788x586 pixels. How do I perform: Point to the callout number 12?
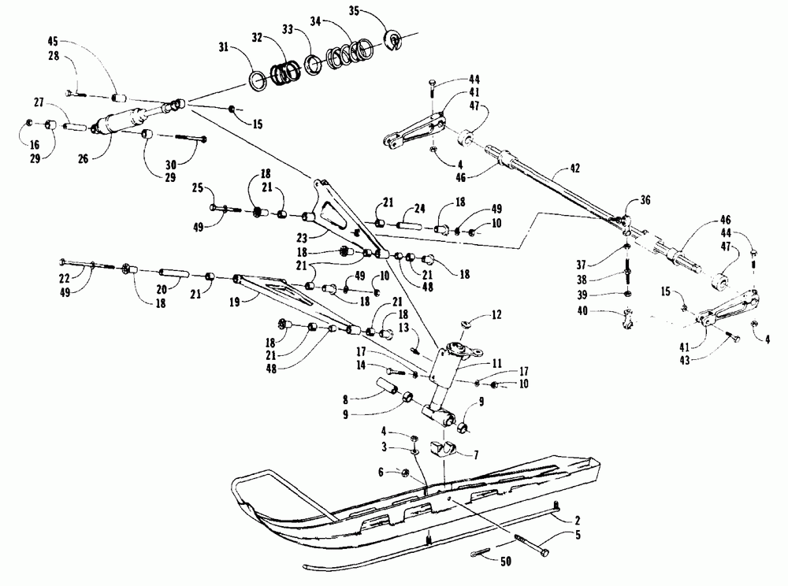click(x=496, y=314)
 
